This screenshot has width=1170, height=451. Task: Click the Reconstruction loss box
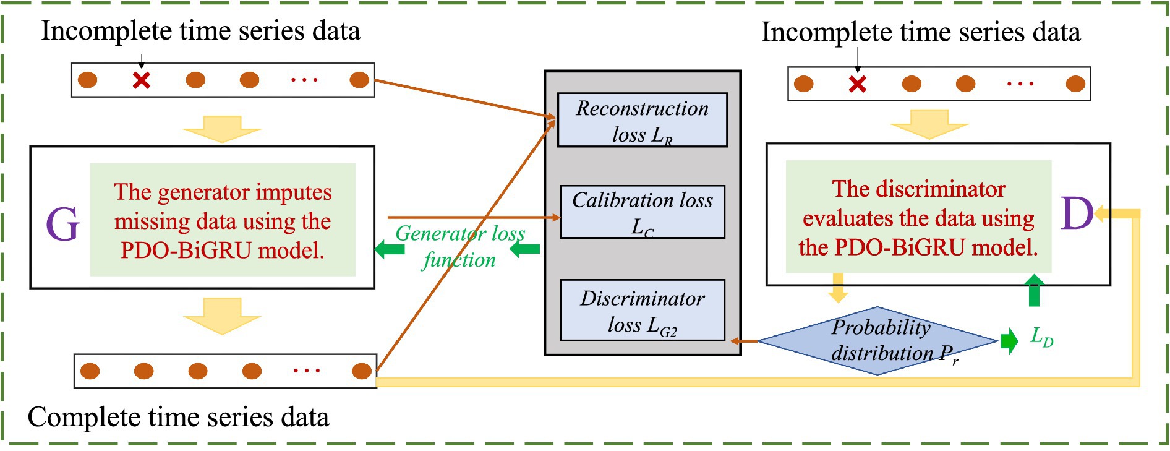[x=642, y=120]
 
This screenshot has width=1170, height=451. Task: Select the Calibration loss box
[x=642, y=212]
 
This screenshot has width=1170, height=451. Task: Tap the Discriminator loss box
[x=642, y=310]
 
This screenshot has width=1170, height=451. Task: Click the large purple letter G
[x=62, y=223]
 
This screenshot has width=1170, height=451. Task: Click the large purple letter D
[x=1077, y=213]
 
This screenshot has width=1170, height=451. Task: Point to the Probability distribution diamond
[x=877, y=340]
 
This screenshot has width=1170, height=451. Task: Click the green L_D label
[x=1041, y=337]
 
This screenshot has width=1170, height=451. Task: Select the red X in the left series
[x=142, y=80]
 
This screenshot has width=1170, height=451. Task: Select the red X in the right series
[x=857, y=84]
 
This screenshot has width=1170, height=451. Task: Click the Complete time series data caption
[x=178, y=417]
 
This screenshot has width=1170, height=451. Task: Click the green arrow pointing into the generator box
[x=389, y=249]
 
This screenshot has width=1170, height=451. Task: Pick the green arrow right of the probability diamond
[x=1009, y=341]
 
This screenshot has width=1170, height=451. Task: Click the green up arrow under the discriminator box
[x=1034, y=291]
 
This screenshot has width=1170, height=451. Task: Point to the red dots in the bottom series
[x=306, y=371]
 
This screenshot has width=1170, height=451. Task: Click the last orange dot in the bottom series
[x=361, y=371]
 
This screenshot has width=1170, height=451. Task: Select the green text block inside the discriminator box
[x=918, y=217]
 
